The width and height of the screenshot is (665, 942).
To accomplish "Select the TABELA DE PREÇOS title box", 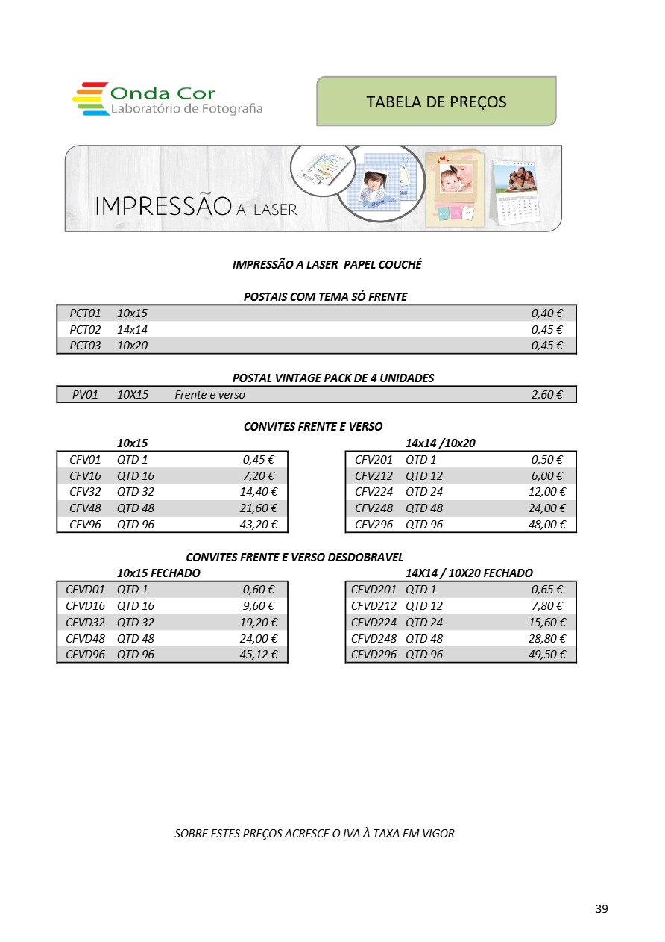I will (x=436, y=102).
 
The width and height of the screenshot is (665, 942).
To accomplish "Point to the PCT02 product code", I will (x=85, y=329).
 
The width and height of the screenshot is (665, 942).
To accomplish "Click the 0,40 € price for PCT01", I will (x=546, y=314).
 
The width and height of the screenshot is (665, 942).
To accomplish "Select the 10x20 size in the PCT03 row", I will (x=132, y=346).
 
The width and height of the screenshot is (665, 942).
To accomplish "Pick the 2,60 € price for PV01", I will (x=546, y=395).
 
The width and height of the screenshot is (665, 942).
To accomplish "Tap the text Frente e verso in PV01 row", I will (x=209, y=395).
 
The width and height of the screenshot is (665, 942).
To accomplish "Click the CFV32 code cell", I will (x=85, y=492).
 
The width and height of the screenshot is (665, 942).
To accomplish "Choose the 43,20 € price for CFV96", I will (x=258, y=525).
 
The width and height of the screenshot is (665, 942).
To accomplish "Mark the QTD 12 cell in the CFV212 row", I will (x=424, y=476).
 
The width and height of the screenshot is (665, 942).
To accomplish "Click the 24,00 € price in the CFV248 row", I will (x=546, y=508).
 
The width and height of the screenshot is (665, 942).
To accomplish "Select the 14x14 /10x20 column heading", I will (x=440, y=443).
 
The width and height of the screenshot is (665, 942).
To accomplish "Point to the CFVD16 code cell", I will (x=85, y=606).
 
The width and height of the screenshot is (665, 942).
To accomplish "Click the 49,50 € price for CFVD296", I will (x=546, y=655).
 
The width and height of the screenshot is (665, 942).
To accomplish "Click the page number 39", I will (x=602, y=908).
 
